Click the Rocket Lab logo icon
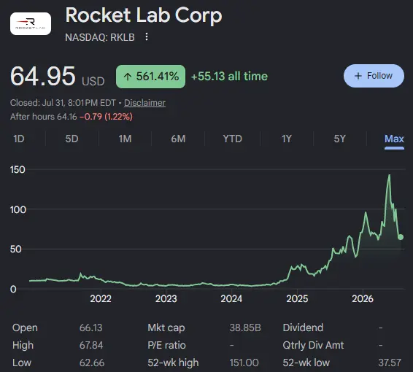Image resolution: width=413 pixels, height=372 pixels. tap(31, 23)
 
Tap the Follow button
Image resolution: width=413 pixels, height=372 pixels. tap(374, 76)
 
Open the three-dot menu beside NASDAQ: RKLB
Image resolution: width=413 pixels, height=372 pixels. tap(147, 37)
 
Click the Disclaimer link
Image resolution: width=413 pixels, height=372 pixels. tap(144, 103)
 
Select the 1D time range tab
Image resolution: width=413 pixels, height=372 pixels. tap(19, 139)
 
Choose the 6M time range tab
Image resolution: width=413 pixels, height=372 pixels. tap(178, 139)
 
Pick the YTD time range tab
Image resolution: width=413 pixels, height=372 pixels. tap(232, 139)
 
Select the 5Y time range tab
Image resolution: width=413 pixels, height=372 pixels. tap(339, 139)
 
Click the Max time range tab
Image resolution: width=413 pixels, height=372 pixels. tap(394, 139)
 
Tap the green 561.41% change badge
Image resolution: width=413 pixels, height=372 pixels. tap(150, 77)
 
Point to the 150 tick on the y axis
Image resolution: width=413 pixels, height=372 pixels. tap(18, 169)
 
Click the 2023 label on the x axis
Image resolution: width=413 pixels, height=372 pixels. tap(166, 299)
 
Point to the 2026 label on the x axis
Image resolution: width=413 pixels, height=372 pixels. tap(363, 299)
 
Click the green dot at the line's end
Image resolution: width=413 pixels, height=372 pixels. tap(401, 237)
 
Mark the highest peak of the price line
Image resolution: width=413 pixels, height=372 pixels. tap(390, 174)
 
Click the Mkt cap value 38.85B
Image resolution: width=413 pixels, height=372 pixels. tap(245, 328)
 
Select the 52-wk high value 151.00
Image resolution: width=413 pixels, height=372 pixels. tap(244, 363)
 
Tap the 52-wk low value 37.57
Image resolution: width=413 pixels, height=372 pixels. tap(390, 363)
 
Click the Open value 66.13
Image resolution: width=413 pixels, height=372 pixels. tap(91, 328)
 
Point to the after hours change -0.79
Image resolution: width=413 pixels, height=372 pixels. tap(90, 117)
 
